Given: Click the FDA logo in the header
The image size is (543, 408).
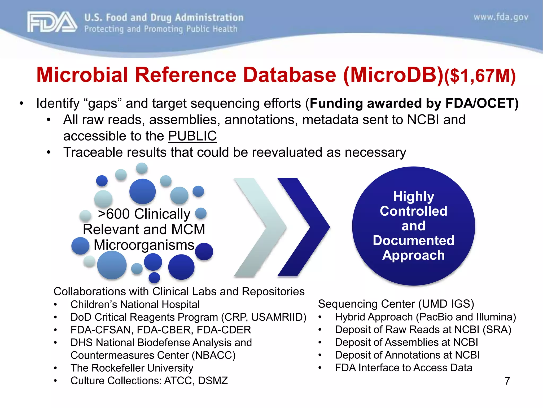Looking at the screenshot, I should (x=52, y=22).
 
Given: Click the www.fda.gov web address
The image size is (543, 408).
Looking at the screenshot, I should (x=501, y=17).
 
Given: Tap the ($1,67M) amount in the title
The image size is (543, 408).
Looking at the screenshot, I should (x=480, y=76).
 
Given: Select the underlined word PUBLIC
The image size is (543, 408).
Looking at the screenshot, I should (x=192, y=136).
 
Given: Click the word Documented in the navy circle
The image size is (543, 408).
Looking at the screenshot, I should (x=413, y=240).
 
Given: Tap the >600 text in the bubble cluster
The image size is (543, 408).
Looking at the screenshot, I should (x=115, y=214).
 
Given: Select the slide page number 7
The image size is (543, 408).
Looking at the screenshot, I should (x=507, y=381).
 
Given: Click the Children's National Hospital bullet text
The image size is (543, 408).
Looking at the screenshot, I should (x=135, y=304).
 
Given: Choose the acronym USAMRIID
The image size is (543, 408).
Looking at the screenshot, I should (x=278, y=317).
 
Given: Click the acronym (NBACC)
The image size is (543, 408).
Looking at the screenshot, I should (x=214, y=355).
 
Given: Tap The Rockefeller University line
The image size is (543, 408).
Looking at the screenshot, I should (x=132, y=368).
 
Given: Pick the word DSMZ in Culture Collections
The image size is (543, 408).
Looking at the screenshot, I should (x=213, y=381).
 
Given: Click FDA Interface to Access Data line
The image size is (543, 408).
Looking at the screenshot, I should (x=403, y=368).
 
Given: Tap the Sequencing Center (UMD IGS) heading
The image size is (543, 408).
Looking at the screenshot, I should (x=396, y=304).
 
